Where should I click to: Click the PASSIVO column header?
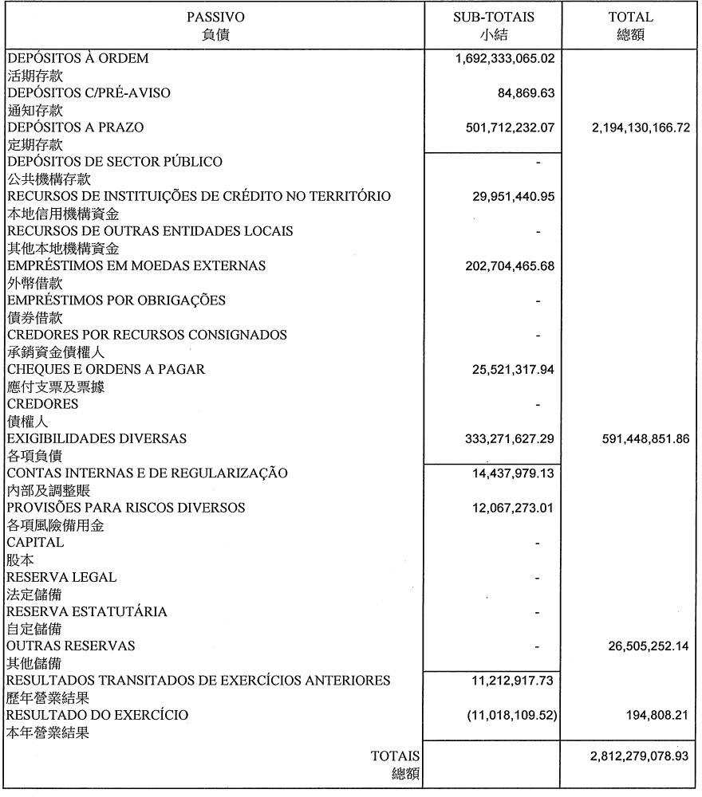(215, 17)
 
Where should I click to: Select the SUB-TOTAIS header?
(505, 17)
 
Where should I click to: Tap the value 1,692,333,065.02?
(505, 58)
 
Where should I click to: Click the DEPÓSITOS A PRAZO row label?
(76, 128)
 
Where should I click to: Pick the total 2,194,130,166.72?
(630, 128)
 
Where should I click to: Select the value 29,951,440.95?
(514, 197)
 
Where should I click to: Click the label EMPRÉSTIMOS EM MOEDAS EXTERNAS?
(136, 265)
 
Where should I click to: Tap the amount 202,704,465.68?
(510, 266)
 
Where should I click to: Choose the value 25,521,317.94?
(514, 370)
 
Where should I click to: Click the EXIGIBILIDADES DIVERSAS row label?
(97, 438)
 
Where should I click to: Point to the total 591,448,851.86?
(635, 439)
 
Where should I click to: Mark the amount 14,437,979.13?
(514, 473)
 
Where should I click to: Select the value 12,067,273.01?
(514, 508)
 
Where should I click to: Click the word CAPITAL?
(36, 542)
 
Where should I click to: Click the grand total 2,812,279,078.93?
(630, 756)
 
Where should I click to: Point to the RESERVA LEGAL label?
(61, 577)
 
